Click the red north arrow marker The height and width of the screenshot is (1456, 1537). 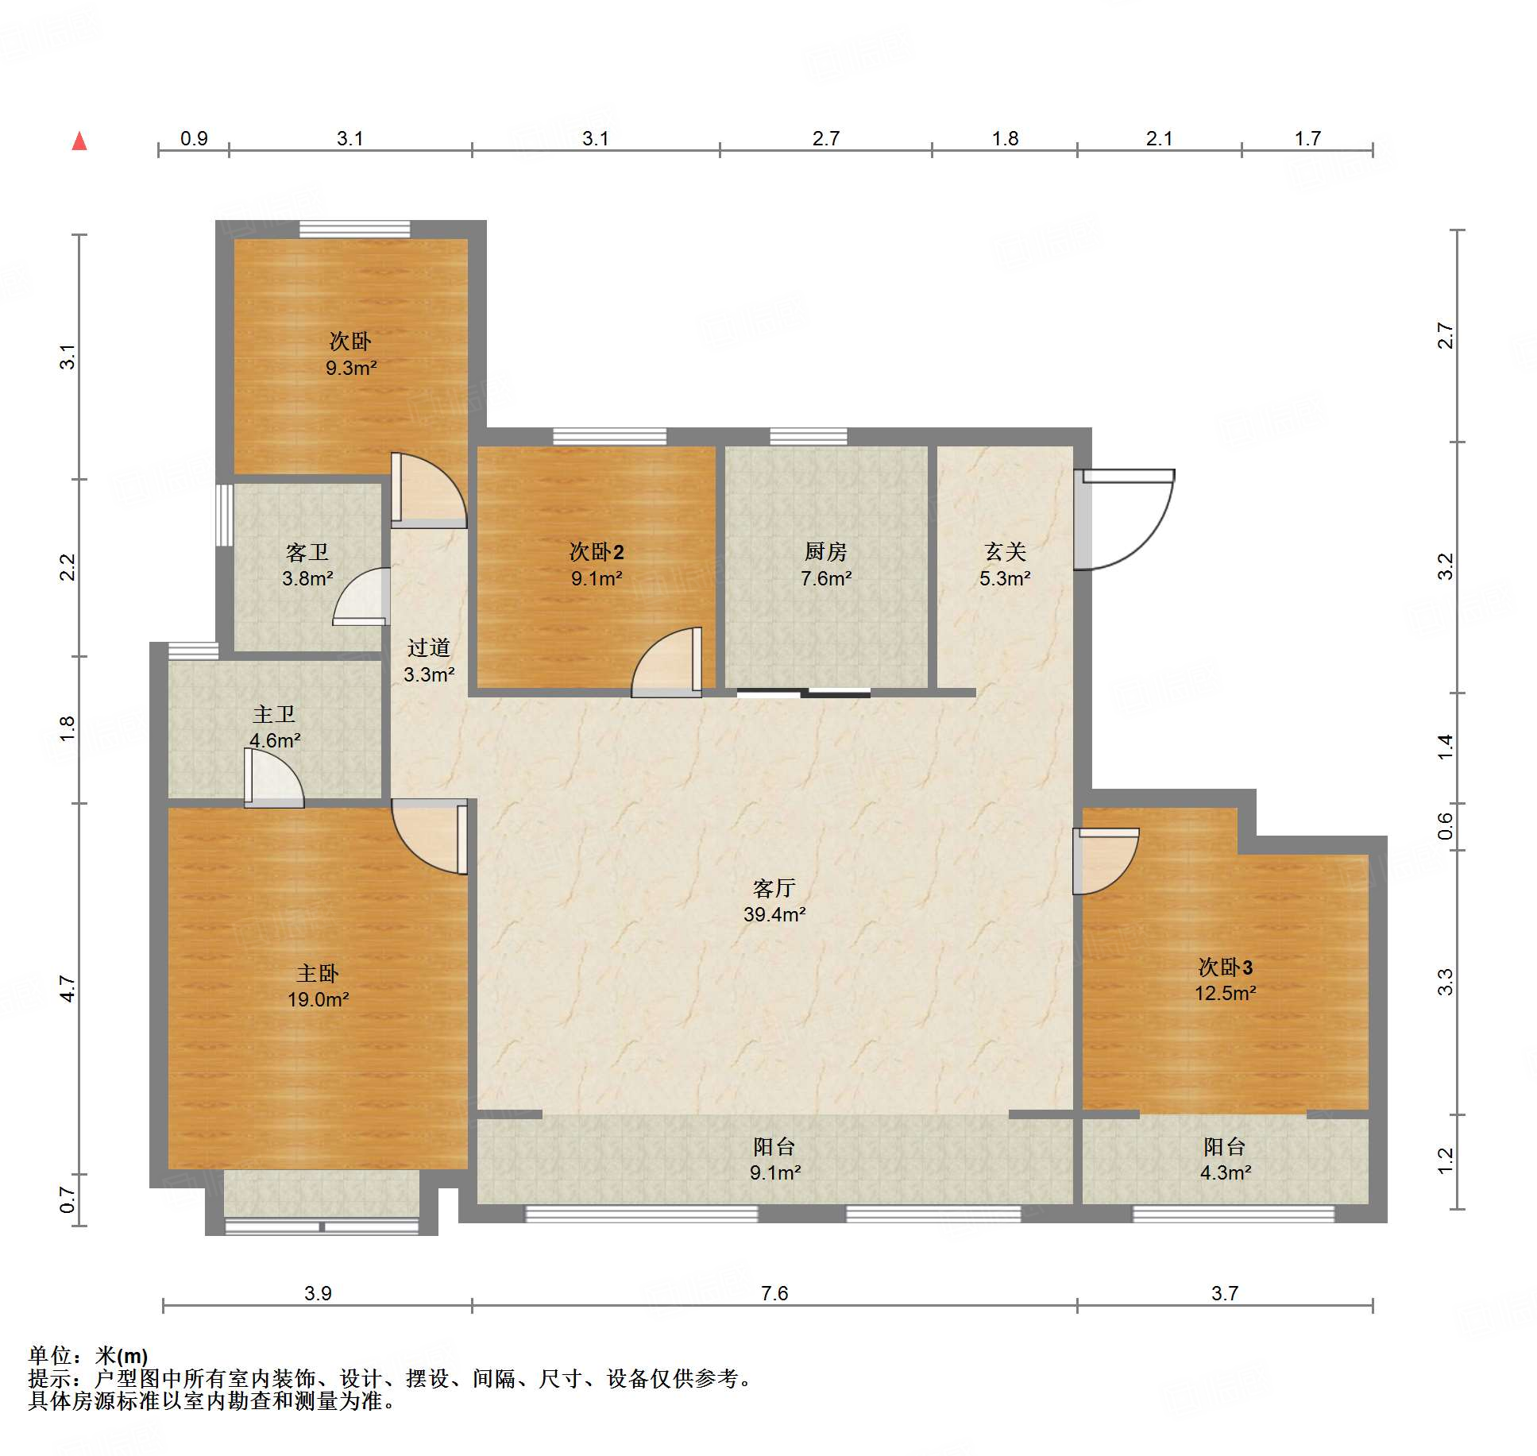click(x=79, y=141)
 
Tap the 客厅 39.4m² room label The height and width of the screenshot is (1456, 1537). click(x=774, y=901)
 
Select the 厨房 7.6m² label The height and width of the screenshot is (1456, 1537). click(x=826, y=565)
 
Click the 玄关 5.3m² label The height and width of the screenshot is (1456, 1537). click(x=1005, y=565)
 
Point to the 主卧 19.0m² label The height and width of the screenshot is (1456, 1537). click(x=318, y=986)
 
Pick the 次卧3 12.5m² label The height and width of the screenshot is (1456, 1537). click(x=1226, y=979)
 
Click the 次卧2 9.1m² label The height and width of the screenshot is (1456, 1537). click(x=597, y=565)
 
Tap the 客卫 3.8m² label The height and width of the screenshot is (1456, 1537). click(x=307, y=565)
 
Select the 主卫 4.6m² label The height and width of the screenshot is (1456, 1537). click(x=275, y=727)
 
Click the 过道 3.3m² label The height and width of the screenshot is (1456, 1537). click(x=429, y=661)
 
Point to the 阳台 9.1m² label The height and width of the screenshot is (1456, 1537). click(x=774, y=1159)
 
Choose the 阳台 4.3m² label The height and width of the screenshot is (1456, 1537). click(x=1226, y=1159)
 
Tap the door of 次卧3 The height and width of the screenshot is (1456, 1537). click(x=1106, y=861)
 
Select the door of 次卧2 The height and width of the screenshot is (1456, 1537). click(x=666, y=662)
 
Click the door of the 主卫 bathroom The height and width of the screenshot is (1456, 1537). click(x=274, y=778)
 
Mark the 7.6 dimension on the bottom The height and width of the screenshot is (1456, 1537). click(x=774, y=1293)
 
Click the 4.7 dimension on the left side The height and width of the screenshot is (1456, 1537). click(x=68, y=988)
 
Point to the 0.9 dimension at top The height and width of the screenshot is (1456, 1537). click(x=194, y=138)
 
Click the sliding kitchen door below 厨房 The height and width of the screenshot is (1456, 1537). click(x=803, y=693)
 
